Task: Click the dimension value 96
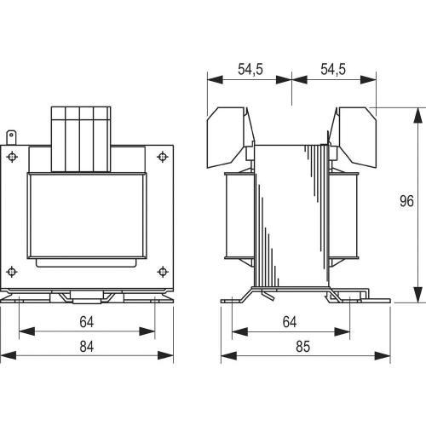click(x=406, y=201)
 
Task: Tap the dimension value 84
click(x=87, y=347)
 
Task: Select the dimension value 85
click(x=302, y=347)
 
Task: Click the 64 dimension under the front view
click(x=87, y=322)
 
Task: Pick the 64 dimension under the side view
click(x=290, y=322)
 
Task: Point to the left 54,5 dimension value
click(x=250, y=69)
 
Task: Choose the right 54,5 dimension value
click(x=333, y=69)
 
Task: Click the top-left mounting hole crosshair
click(x=12, y=157)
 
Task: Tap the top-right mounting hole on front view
click(x=162, y=157)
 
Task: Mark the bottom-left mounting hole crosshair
click(x=12, y=272)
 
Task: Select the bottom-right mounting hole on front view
click(x=162, y=272)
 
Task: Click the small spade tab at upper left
click(x=11, y=138)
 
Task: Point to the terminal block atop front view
click(x=81, y=140)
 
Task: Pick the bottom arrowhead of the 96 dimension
click(x=417, y=295)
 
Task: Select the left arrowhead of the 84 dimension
click(x=9, y=355)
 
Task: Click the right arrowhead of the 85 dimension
click(x=383, y=355)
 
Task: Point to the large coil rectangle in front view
click(x=87, y=216)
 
